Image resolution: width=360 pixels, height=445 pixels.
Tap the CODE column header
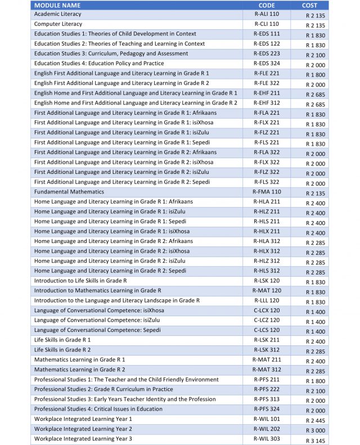(267, 5)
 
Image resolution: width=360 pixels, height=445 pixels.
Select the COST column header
(309, 5)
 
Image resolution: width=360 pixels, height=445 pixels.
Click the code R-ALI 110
(267, 14)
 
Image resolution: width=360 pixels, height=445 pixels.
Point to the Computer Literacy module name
(58, 24)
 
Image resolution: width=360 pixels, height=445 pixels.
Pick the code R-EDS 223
(267, 53)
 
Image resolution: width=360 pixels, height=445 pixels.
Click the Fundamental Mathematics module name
(69, 192)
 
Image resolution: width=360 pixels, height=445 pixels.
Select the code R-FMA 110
(267, 192)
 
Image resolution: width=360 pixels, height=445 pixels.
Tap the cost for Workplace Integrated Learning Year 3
(316, 440)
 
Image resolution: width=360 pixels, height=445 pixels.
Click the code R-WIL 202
(267, 429)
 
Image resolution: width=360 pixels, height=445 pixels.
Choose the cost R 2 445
(316, 420)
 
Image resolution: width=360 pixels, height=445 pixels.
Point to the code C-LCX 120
(267, 311)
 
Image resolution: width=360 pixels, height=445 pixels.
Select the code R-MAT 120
(267, 291)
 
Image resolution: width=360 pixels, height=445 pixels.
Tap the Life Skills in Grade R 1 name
(62, 340)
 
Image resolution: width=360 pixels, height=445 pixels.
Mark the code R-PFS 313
(267, 399)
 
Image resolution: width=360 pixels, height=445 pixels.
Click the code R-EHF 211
(267, 93)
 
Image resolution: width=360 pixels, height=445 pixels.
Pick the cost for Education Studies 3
(316, 55)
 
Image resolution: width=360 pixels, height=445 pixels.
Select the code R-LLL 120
(267, 301)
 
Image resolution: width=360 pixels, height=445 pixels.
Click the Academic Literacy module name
(57, 14)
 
